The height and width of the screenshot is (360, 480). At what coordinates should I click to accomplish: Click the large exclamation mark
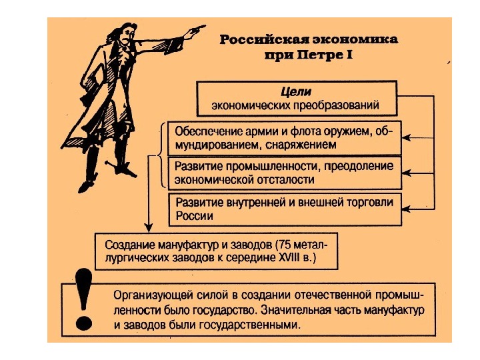click(83, 299)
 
